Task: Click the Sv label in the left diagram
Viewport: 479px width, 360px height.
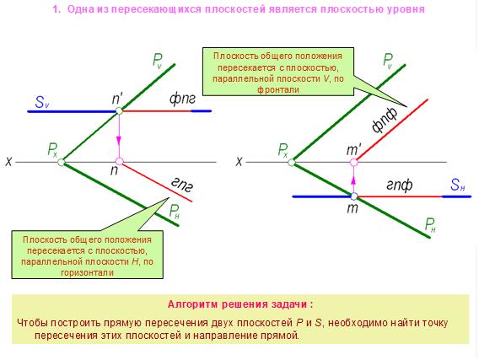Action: point(41,102)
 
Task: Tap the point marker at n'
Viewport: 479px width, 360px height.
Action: point(119,110)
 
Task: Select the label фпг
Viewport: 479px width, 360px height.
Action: point(182,99)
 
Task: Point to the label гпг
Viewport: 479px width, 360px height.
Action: point(182,185)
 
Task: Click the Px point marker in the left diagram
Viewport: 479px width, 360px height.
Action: point(61,162)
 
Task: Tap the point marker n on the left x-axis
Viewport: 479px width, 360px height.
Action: point(119,162)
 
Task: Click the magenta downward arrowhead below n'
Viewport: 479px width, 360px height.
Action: point(119,140)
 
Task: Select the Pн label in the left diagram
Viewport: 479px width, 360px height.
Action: point(175,212)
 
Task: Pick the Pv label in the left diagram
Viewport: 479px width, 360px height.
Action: point(158,61)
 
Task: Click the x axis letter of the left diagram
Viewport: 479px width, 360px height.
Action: point(8,162)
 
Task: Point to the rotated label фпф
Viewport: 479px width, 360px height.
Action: point(385,120)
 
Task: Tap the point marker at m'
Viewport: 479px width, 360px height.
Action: point(353,162)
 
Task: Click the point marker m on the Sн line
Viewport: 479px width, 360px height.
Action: point(353,196)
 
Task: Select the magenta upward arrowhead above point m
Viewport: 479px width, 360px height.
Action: point(353,180)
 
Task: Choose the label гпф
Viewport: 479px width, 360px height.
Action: point(400,185)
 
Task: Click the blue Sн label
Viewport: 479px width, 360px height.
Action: point(458,185)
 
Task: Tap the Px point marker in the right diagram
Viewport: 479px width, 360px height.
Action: point(292,162)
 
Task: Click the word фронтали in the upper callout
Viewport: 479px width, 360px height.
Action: point(278,90)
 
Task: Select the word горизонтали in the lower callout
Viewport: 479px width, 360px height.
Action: point(88,272)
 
